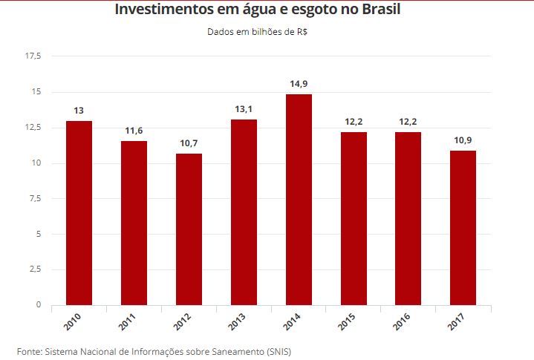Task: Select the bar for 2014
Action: click(299, 200)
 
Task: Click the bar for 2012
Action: click(189, 229)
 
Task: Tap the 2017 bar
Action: click(463, 228)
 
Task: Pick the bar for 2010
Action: click(79, 213)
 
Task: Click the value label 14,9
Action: click(299, 84)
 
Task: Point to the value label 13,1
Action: click(244, 109)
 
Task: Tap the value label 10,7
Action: click(189, 143)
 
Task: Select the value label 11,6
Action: click(134, 131)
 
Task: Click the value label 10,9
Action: click(463, 140)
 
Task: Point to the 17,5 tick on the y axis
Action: click(33, 56)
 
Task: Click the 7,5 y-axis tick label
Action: click(35, 198)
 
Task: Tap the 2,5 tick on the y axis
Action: click(35, 269)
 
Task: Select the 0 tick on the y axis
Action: click(38, 305)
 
